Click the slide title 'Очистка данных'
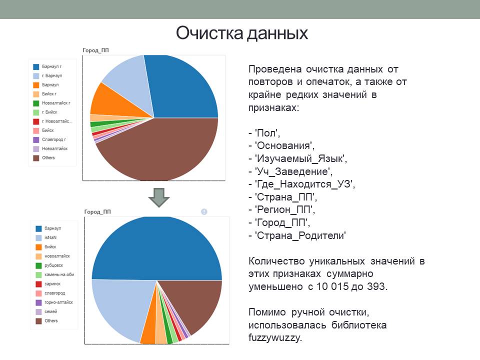[x=241, y=34]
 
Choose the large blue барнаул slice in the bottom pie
[x=156, y=247]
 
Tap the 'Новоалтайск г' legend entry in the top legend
[x=55, y=103]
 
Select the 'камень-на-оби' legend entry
[x=58, y=274]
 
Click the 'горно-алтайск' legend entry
[x=58, y=302]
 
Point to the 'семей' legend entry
[x=50, y=311]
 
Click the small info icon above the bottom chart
[x=204, y=212]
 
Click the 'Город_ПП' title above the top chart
[x=95, y=49]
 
